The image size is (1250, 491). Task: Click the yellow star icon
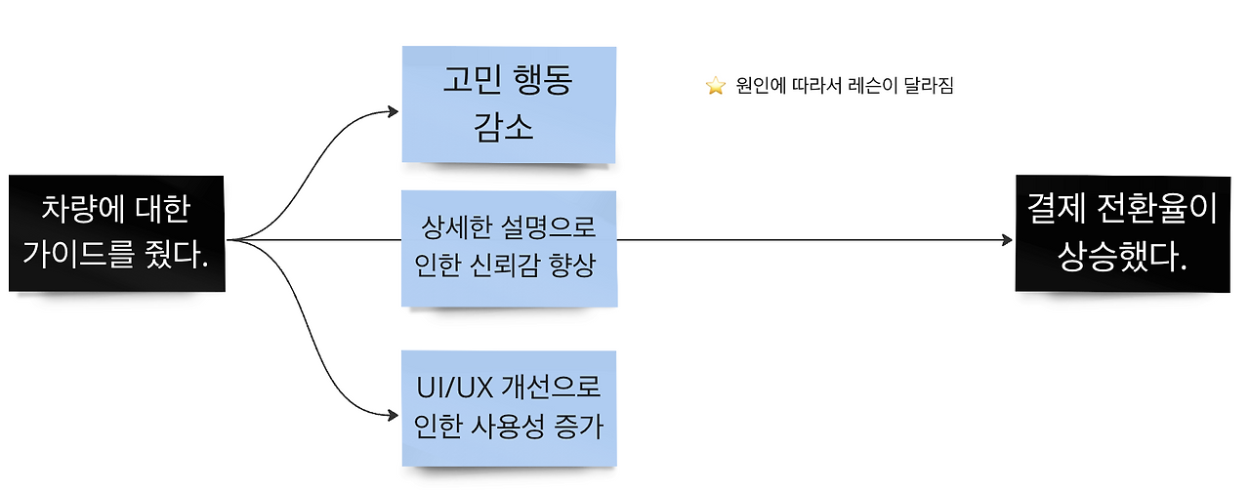tap(716, 86)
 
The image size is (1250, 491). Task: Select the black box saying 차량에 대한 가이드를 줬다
tap(117, 232)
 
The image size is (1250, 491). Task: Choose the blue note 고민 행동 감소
tap(508, 103)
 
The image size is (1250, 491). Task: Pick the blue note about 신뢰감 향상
tap(508, 248)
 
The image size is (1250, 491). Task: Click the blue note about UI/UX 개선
tap(508, 407)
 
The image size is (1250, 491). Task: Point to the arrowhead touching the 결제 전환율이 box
tap(1008, 239)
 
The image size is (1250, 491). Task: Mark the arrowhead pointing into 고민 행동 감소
tap(396, 110)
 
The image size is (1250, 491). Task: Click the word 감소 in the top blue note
tap(505, 128)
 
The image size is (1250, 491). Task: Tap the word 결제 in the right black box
tap(1055, 210)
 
